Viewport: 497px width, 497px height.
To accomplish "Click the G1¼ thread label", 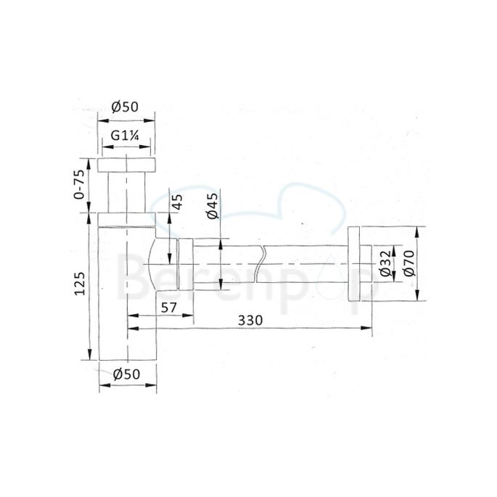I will pos(127,136).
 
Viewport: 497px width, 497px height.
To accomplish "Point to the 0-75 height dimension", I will pos(81,186).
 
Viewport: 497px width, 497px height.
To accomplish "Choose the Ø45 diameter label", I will pos(213,205).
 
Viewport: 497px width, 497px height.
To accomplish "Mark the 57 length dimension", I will pos(169,308).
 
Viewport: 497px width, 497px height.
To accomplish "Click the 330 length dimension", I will pos(248,320).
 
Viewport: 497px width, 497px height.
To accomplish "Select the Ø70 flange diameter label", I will pos(408,262).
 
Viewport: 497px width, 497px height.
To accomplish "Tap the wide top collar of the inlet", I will pos(127,164).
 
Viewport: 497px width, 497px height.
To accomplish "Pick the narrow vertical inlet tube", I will pos(128,192).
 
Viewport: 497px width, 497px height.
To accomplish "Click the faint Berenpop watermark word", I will pos(247,279).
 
